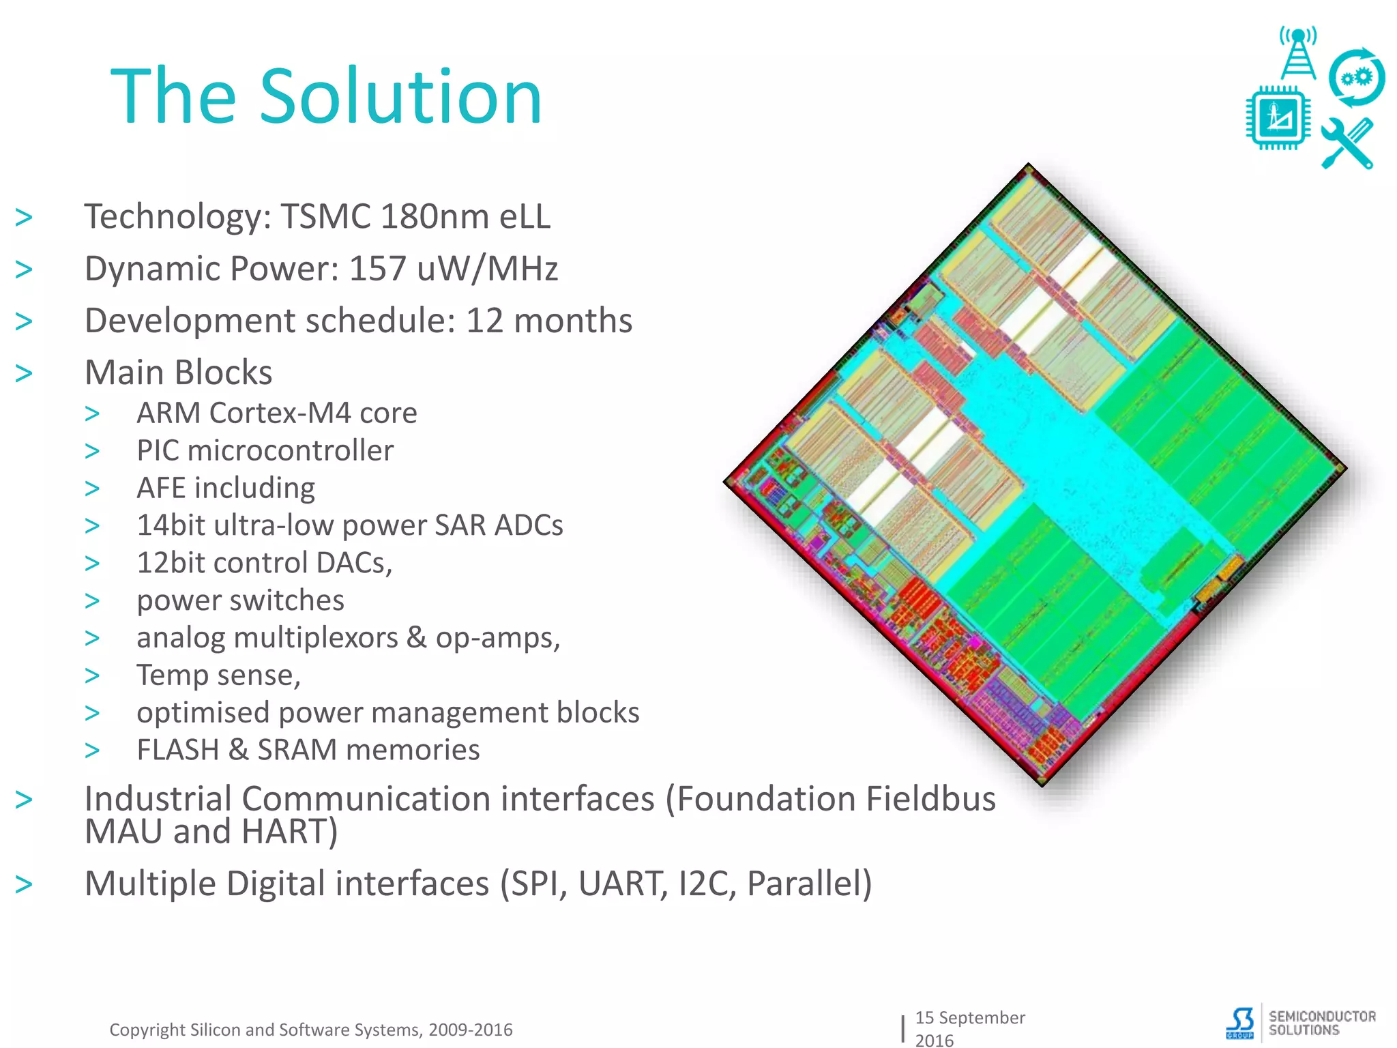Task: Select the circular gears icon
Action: click(x=1357, y=78)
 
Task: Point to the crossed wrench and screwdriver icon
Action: click(x=1347, y=143)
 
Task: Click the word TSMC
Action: click(x=325, y=217)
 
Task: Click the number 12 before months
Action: click(x=484, y=321)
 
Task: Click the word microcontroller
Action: click(x=290, y=451)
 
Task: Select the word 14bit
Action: click(x=170, y=525)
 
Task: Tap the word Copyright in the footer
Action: click(x=147, y=1030)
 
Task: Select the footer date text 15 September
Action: click(x=969, y=1017)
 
